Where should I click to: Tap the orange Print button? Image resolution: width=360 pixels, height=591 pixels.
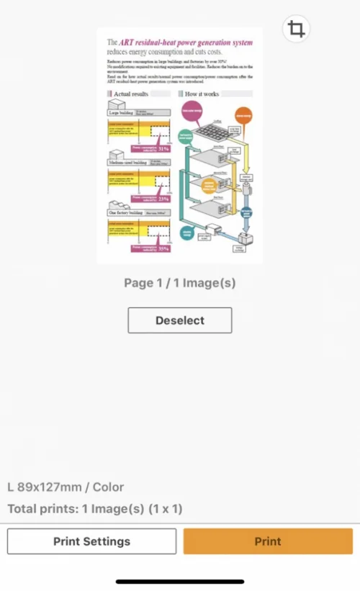coord(268,541)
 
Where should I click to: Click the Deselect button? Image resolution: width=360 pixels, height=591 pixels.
coord(180,320)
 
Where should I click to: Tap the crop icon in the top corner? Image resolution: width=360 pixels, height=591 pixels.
coord(295,30)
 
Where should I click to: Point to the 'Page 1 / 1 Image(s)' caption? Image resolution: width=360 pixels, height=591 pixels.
coord(180,283)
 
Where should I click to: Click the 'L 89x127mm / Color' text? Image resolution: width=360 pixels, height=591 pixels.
coord(66,487)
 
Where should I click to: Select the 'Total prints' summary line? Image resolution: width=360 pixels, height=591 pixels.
coord(94,509)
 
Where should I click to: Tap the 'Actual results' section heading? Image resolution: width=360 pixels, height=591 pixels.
coord(130,94)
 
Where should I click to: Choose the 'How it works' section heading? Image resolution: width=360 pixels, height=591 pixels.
coord(202,94)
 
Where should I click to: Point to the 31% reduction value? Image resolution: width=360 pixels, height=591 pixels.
coord(163,149)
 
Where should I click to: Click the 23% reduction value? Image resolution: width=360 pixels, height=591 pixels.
coord(163,199)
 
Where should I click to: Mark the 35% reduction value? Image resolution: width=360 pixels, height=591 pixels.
coord(163,249)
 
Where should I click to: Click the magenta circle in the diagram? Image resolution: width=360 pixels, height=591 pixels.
coord(192,110)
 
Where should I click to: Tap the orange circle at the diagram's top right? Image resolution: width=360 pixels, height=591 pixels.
coord(243,114)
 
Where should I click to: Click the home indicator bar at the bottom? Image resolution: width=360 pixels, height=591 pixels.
coord(180,581)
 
